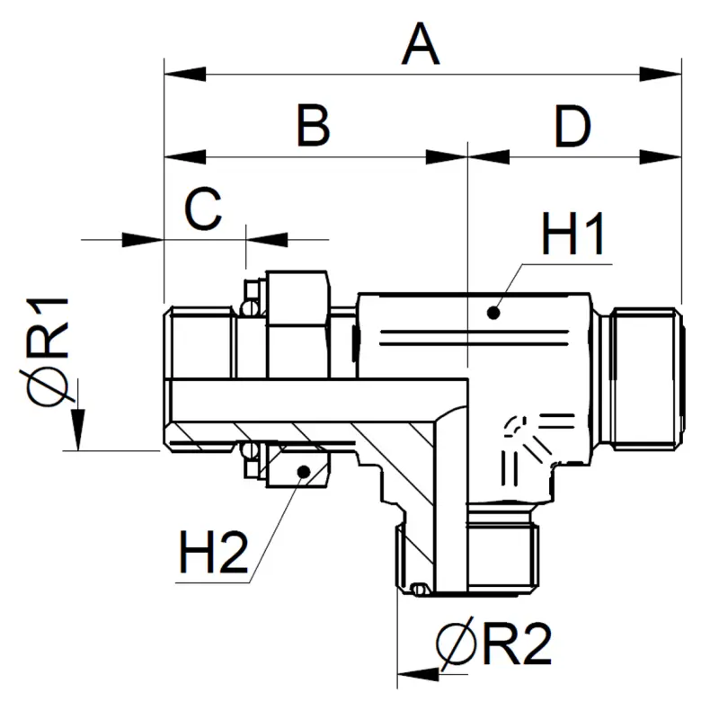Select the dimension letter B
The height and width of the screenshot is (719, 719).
313,127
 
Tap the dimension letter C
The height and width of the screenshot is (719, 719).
203,211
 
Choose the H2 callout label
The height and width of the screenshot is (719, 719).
212,555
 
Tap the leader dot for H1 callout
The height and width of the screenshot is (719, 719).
492,312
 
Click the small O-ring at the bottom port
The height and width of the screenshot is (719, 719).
415,590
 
